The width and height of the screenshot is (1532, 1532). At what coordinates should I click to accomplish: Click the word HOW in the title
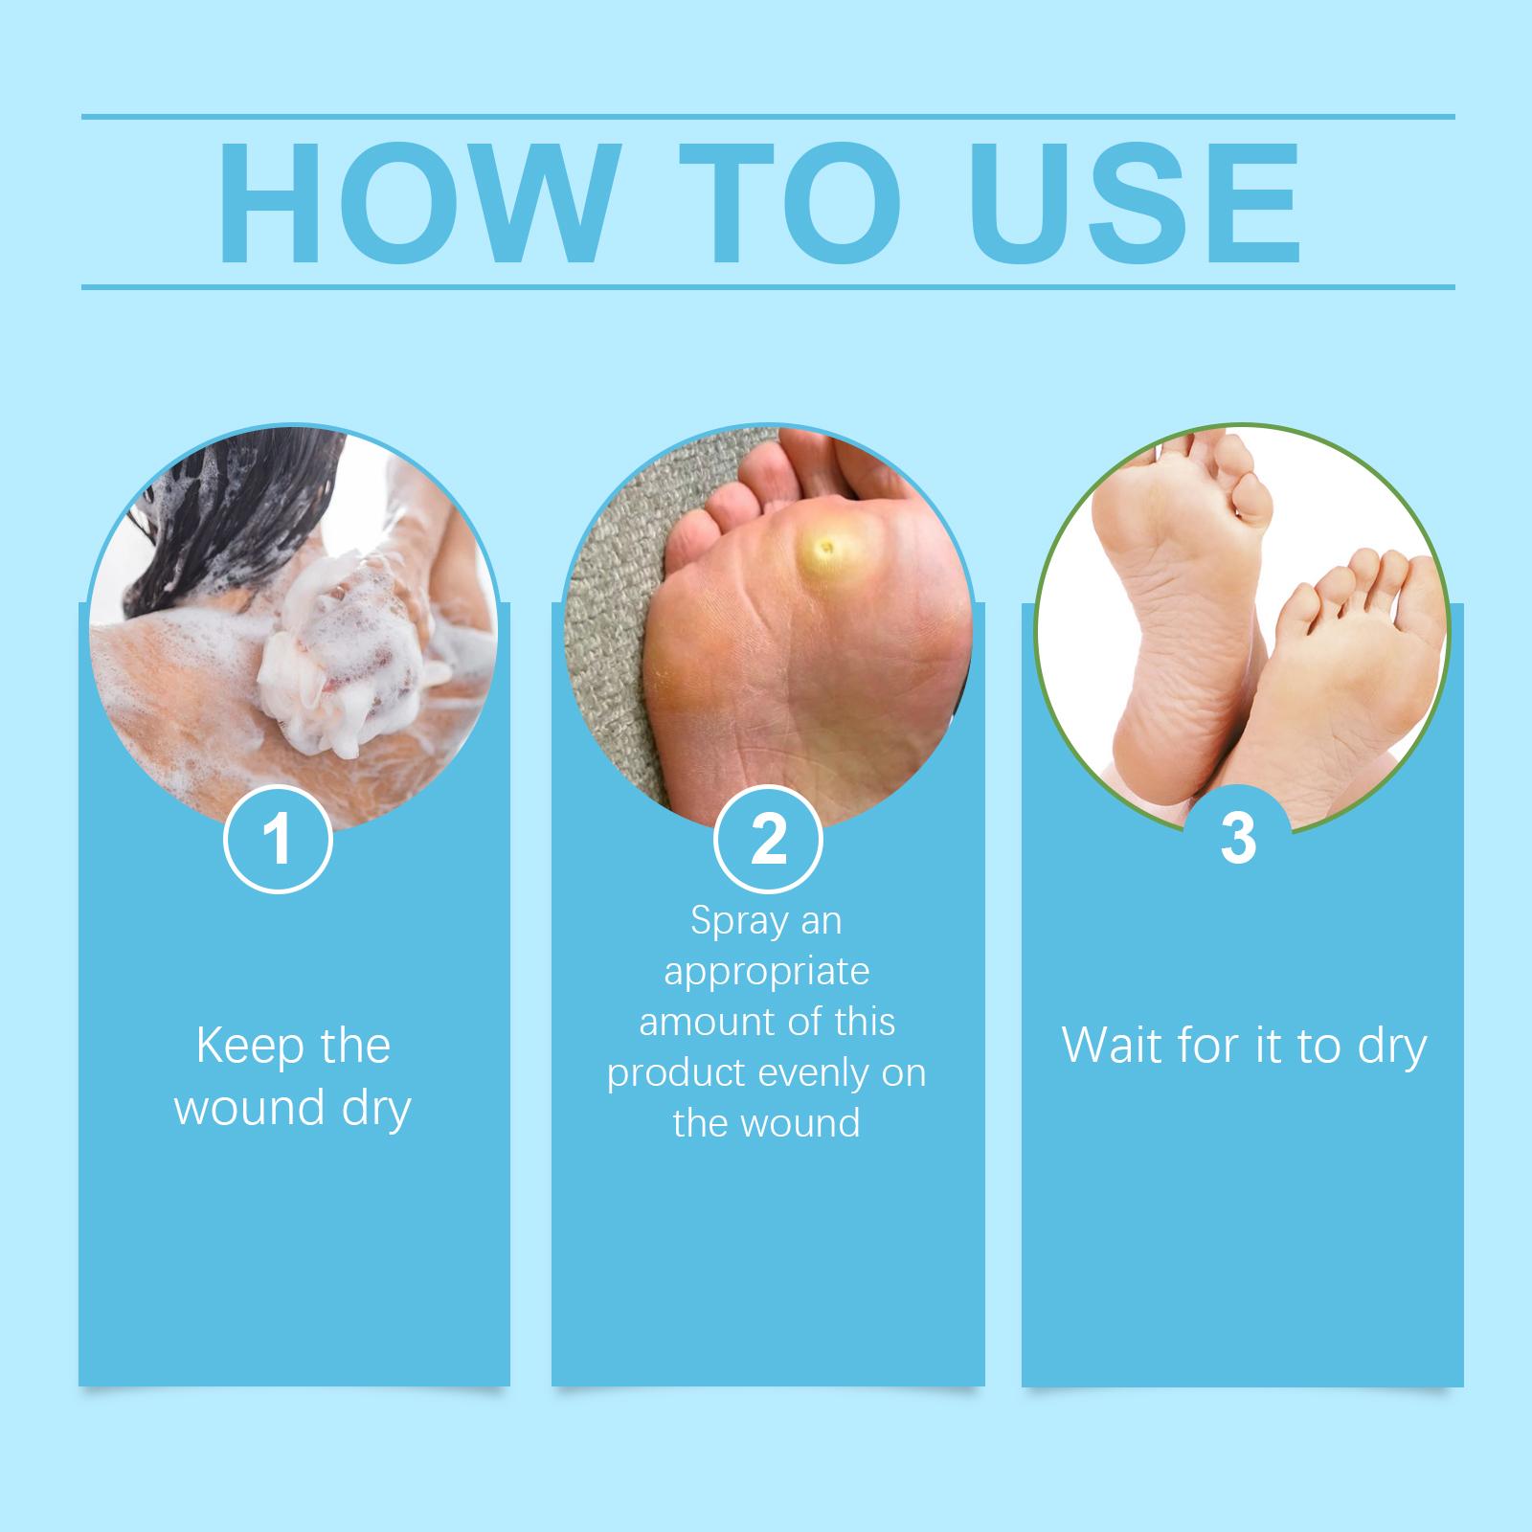pyautogui.click(x=414, y=203)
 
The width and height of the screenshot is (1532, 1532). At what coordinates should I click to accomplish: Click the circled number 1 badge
pyautogui.click(x=278, y=840)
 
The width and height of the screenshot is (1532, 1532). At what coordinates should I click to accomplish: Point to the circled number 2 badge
pyautogui.click(x=768, y=840)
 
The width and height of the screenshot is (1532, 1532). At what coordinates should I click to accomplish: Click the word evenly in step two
pyautogui.click(x=813, y=1073)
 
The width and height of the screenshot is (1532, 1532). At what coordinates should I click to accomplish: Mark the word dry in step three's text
pyautogui.click(x=1392, y=1048)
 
